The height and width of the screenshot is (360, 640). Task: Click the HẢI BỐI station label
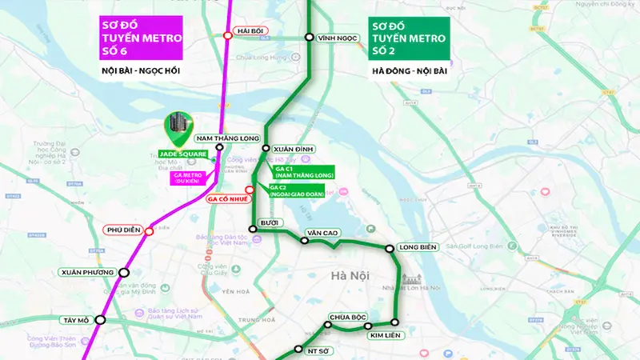pyautogui.click(x=247, y=31)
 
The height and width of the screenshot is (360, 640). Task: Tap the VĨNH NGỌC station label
pyautogui.click(x=335, y=37)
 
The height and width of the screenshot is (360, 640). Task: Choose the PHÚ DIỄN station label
pyautogui.click(x=122, y=230)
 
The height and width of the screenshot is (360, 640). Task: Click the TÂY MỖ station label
pyautogui.click(x=76, y=320)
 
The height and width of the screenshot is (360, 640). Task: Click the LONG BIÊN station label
pyautogui.click(x=417, y=248)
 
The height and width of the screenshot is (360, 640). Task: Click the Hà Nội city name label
pyautogui.click(x=350, y=275)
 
